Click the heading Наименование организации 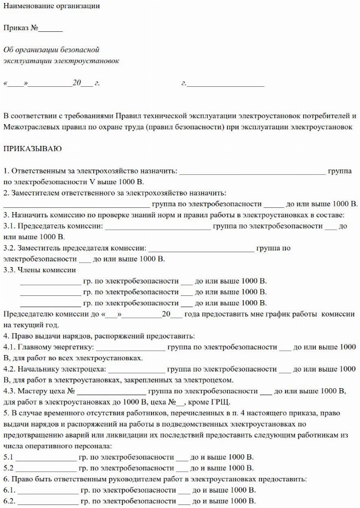click(x=51, y=5)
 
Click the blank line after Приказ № click(x=51, y=28)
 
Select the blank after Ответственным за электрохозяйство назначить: click(x=252, y=171)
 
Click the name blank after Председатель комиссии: click(x=158, y=226)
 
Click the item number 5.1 click(x=8, y=457)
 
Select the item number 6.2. click(x=9, y=502)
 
